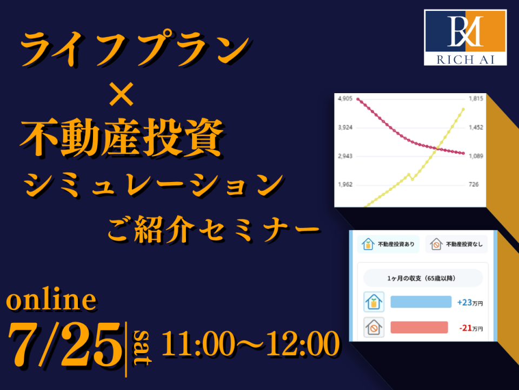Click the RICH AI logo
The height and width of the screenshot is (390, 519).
[465, 37]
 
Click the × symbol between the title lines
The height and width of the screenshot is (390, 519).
[122, 94]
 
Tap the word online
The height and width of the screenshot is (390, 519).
[52, 300]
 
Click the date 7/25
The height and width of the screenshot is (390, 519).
[65, 345]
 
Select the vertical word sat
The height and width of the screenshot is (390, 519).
[142, 347]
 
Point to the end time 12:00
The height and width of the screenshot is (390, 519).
[303, 343]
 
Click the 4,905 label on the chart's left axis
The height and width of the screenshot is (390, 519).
[345, 99]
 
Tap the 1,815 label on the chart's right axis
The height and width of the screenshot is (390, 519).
[476, 99]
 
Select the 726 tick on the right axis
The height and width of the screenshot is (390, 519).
[474, 184]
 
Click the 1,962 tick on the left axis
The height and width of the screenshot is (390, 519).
[345, 184]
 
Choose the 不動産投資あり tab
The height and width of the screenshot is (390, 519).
[388, 244]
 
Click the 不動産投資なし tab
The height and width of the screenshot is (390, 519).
[456, 244]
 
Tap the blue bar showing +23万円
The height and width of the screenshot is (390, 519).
[421, 302]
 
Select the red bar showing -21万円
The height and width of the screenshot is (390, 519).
[419, 327]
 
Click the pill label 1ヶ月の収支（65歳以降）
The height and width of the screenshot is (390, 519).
[423, 278]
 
